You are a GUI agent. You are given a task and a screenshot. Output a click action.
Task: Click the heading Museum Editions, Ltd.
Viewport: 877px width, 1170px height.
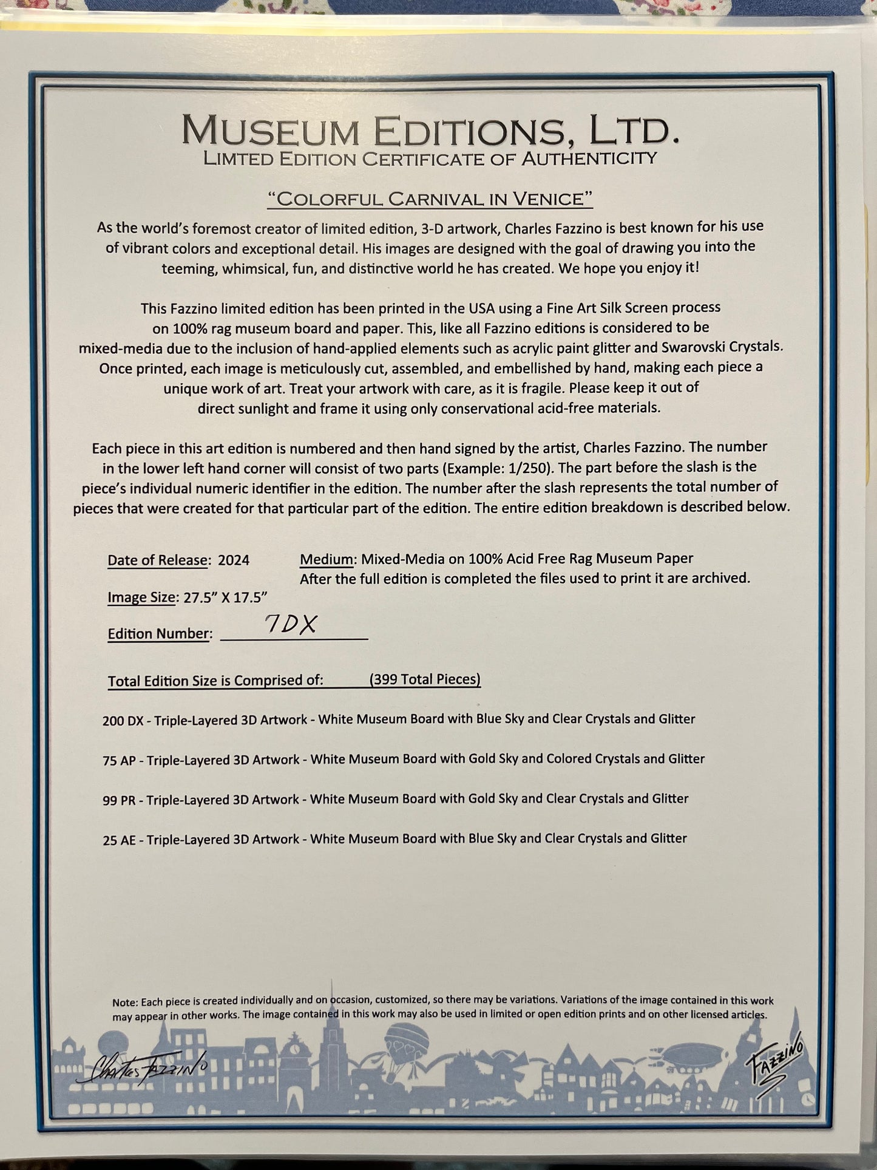click(429, 130)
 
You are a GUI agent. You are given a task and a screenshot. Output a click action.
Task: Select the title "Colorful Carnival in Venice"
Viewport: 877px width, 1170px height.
click(430, 199)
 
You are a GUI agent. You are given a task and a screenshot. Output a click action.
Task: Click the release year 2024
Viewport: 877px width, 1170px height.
click(234, 560)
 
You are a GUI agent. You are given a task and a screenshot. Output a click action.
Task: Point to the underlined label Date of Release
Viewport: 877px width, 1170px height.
click(157, 560)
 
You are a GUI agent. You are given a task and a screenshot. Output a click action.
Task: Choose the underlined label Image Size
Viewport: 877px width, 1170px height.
click(141, 597)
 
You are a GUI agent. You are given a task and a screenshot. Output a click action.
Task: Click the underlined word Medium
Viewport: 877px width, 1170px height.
click(327, 559)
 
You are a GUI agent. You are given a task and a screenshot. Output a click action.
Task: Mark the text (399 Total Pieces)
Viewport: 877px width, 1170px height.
click(425, 679)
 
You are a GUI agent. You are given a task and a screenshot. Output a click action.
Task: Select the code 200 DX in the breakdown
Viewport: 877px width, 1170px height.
click(123, 721)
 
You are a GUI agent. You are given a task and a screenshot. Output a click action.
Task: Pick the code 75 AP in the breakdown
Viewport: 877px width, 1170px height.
click(120, 761)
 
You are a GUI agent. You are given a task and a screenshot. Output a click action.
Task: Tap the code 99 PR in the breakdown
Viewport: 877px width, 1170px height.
click(120, 800)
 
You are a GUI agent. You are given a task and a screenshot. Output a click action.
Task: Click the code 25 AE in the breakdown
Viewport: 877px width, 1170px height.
click(120, 840)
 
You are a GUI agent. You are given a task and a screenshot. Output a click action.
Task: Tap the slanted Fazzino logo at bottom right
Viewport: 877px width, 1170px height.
click(775, 1061)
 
